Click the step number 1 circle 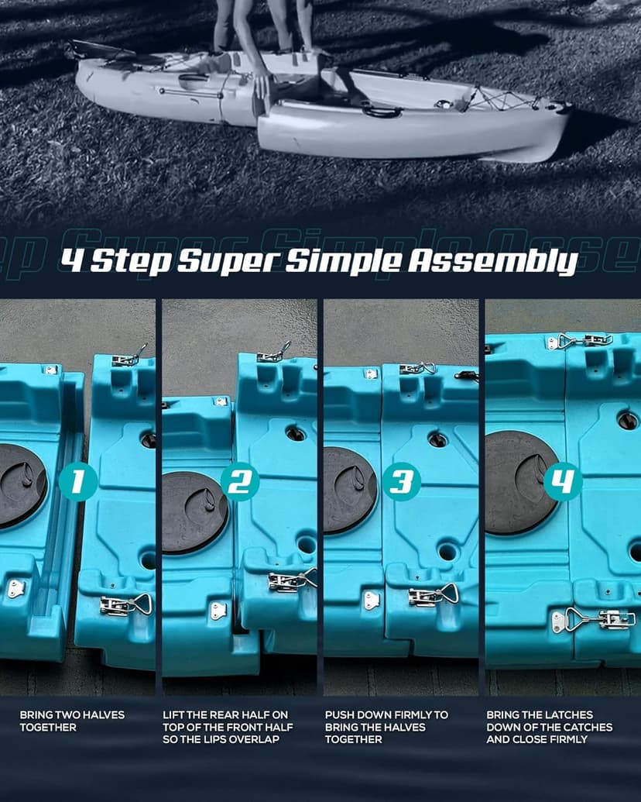pyautogui.click(x=77, y=482)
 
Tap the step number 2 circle pyautogui.click(x=239, y=482)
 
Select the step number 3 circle pyautogui.click(x=402, y=482)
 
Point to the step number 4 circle pyautogui.click(x=563, y=483)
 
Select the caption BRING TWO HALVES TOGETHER pyautogui.click(x=72, y=721)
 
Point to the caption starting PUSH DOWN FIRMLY pyautogui.click(x=386, y=727)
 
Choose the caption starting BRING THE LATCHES pyautogui.click(x=549, y=727)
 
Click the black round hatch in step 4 pyautogui.click(x=520, y=482)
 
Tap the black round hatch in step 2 pyautogui.click(x=194, y=512)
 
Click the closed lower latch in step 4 pyautogui.click(x=594, y=620)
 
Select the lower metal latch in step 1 pyautogui.click(x=125, y=605)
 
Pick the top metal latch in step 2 pyautogui.click(x=273, y=355)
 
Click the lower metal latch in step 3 pyautogui.click(x=432, y=596)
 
